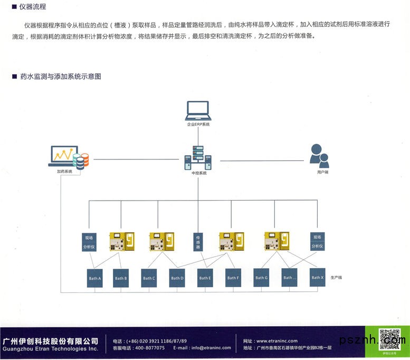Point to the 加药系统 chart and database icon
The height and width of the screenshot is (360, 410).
69,157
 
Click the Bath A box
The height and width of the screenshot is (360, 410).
94,278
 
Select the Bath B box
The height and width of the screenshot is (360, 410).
121,278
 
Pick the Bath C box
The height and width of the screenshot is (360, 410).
149,278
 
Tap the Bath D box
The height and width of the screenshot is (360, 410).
177,278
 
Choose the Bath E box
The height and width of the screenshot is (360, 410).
205,278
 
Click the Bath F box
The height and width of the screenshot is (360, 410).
233,278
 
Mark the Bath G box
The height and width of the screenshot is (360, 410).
261,278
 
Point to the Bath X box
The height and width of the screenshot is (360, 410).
317,278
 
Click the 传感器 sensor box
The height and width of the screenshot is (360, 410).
198,242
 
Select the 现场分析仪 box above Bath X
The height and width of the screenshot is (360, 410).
317,242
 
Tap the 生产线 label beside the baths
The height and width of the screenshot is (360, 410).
336,277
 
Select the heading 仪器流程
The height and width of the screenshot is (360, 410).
32,7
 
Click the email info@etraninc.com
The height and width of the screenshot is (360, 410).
211,348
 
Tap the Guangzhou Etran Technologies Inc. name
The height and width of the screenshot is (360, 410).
51,349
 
